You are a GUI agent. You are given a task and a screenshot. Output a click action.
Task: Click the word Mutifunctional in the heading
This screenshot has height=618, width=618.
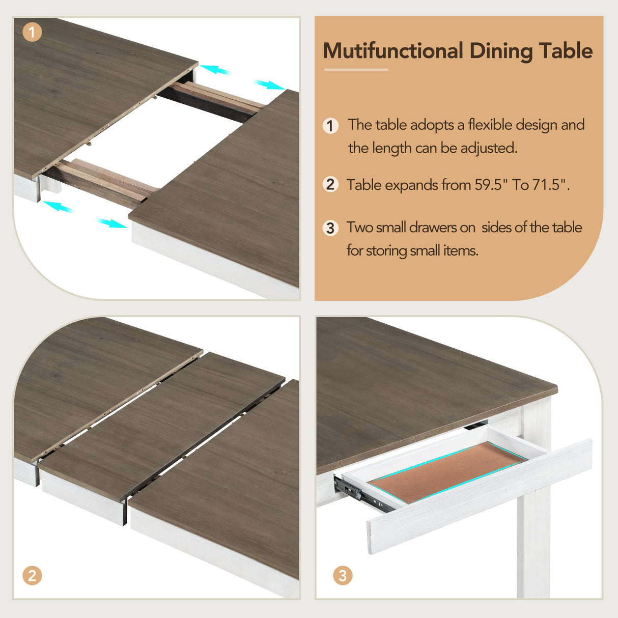[x=392, y=51]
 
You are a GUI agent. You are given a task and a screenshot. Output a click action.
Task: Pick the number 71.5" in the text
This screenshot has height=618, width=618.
[x=551, y=184]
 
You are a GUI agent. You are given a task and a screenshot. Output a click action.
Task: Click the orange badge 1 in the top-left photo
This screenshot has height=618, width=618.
[x=32, y=33]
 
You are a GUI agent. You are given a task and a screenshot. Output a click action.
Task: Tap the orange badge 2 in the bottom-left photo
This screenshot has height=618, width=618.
[x=32, y=575]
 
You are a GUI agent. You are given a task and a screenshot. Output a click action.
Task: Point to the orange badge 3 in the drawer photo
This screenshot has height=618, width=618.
[x=343, y=575]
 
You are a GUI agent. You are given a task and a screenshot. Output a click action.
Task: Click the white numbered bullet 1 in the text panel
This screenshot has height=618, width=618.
[x=331, y=125]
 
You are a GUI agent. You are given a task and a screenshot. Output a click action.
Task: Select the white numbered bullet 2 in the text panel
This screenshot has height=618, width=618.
[x=331, y=184]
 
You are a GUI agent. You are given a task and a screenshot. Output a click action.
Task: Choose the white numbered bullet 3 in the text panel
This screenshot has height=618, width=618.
[x=331, y=228]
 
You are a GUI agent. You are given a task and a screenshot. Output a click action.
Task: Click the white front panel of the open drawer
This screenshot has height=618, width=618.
[x=479, y=496]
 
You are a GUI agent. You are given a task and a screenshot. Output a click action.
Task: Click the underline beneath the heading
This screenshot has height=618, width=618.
[x=356, y=70]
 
